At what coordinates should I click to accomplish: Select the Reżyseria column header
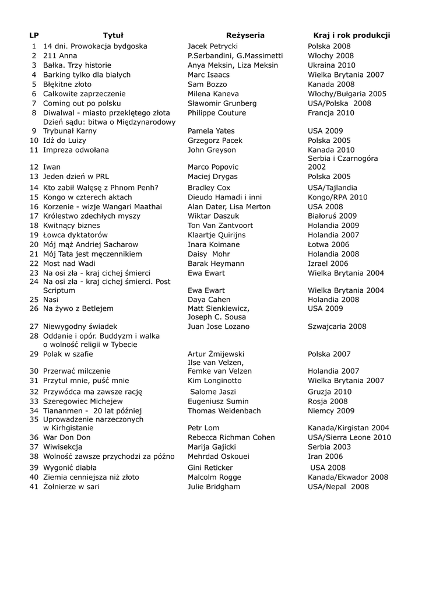point(245,35)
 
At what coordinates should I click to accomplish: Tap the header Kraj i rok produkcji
point(351,35)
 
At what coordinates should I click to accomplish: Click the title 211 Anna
point(60,55)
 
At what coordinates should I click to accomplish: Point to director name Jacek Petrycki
point(212,46)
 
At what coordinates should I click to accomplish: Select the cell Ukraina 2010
point(331,65)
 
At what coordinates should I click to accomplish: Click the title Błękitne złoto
point(67,84)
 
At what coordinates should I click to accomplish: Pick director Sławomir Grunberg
point(222,103)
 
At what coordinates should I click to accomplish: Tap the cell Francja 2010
point(330,113)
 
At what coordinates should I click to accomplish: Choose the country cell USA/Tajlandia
point(332,188)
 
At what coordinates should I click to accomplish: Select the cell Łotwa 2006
point(328,245)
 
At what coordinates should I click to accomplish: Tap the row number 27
point(34,326)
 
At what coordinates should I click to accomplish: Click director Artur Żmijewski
point(216,354)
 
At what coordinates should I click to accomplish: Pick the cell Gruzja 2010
point(329,392)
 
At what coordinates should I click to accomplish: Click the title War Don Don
point(67,437)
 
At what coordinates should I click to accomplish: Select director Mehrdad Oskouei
point(219,456)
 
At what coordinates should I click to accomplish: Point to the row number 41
point(34,486)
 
